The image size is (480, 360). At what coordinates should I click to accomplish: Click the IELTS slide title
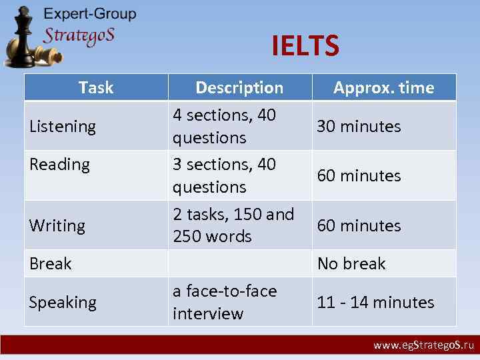tap(305, 46)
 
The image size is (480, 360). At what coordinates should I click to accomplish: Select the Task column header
tap(96, 87)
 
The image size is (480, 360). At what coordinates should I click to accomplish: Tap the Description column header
tap(239, 87)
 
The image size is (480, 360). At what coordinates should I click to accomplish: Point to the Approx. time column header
tap(383, 87)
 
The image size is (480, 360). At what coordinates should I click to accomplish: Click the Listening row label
tap(63, 126)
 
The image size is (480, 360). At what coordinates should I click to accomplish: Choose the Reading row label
tap(59, 165)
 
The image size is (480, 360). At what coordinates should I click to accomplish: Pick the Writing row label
tap(57, 225)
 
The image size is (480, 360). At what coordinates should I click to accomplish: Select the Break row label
tap(51, 263)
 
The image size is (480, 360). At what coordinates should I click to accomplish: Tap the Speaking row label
tap(63, 302)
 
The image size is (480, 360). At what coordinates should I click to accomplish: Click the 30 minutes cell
tap(359, 126)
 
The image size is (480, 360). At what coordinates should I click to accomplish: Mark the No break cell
tap(351, 263)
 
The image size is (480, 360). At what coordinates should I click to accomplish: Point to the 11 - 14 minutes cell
tap(375, 302)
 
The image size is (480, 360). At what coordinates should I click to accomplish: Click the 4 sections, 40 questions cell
tap(224, 126)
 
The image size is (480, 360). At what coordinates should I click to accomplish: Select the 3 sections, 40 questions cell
tap(224, 175)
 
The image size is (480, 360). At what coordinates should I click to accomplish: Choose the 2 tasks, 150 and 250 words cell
tap(233, 225)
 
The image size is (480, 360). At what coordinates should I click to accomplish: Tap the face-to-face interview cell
tap(225, 302)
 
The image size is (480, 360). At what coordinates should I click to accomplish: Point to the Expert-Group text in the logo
tap(90, 14)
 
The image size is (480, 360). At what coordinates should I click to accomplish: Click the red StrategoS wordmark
tap(79, 35)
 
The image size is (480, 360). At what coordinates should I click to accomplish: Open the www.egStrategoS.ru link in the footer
tap(423, 345)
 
